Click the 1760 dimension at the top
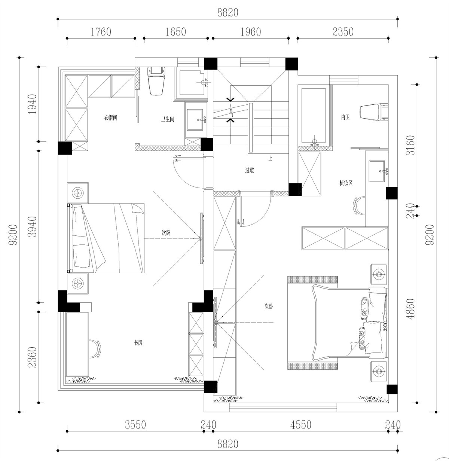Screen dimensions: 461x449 tap(101, 32)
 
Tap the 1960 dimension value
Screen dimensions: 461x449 tap(250, 32)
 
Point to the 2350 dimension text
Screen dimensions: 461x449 tap(343, 32)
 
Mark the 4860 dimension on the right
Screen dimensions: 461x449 tap(411, 309)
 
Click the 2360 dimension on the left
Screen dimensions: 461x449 tap(33, 358)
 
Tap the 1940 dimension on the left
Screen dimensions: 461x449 tap(33, 104)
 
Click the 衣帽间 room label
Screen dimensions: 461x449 tap(111, 118)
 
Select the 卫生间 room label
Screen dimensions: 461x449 tap(168, 119)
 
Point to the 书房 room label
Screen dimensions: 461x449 tap(138, 342)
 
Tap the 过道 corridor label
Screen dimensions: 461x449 tap(250, 170)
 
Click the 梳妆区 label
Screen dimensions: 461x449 tap(346, 183)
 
